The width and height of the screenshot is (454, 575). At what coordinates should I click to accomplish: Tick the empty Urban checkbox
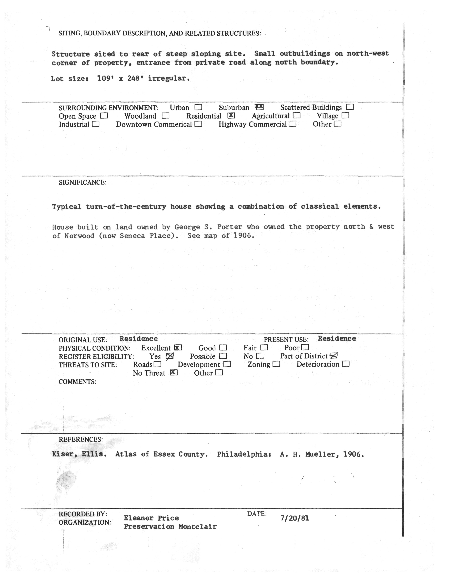[x=198, y=107]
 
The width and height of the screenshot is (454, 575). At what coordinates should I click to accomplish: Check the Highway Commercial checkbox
[x=293, y=124]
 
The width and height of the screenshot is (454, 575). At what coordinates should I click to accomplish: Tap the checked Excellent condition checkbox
[x=178, y=347]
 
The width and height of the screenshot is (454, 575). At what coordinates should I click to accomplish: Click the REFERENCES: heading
[x=80, y=439]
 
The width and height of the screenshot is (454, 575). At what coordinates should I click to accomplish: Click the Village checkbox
[x=345, y=116]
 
